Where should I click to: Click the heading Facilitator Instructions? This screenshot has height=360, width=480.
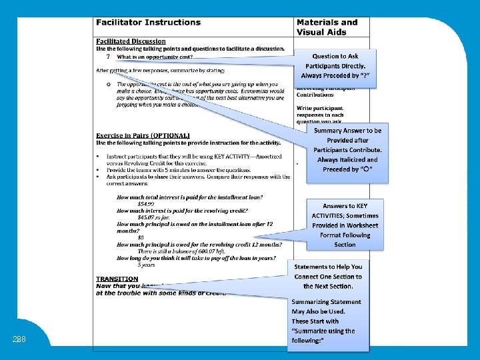pos(148,23)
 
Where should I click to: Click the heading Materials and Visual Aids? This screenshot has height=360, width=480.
pos(327,27)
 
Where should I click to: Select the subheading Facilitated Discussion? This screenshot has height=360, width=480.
pos(131,41)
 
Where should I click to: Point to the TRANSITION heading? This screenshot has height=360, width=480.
pos(117,279)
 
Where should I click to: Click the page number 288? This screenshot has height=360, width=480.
pos(19,339)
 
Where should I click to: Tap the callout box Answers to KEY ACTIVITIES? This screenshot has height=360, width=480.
pos(345,225)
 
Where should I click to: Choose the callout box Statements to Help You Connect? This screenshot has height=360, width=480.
pos(328,276)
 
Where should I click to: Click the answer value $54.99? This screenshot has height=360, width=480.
pos(145,203)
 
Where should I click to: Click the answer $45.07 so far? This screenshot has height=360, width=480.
pos(153,217)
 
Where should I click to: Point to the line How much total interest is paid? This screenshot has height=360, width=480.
pos(189,197)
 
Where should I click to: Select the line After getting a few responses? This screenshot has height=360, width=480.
pos(160,70)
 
